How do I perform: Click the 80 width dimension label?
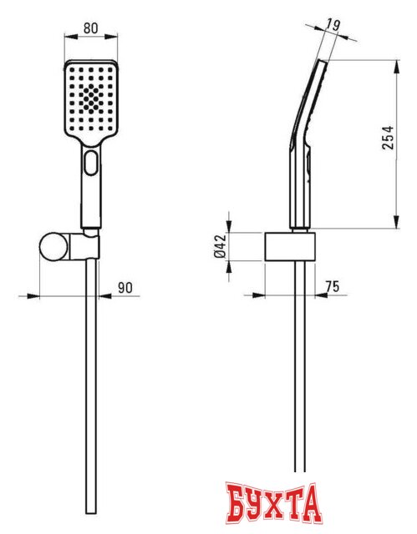click(90, 28)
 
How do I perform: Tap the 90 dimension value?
click(125, 288)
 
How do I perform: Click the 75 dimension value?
click(332, 287)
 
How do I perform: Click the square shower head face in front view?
click(90, 100)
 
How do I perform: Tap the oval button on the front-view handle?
click(90, 164)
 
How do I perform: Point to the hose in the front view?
click(90, 375)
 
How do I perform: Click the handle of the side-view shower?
click(299, 184)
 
